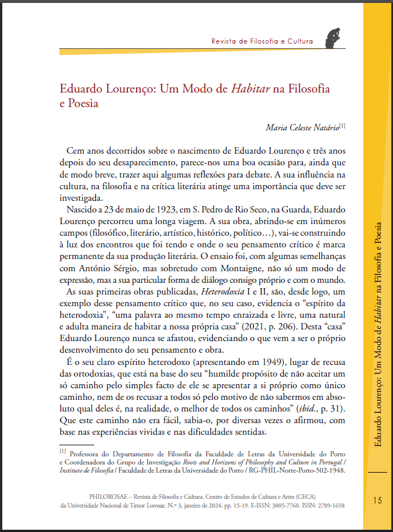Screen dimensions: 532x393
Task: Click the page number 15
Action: [377, 500]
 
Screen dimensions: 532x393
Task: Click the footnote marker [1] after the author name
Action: [342, 125]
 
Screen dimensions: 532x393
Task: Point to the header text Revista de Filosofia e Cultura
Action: [262, 41]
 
